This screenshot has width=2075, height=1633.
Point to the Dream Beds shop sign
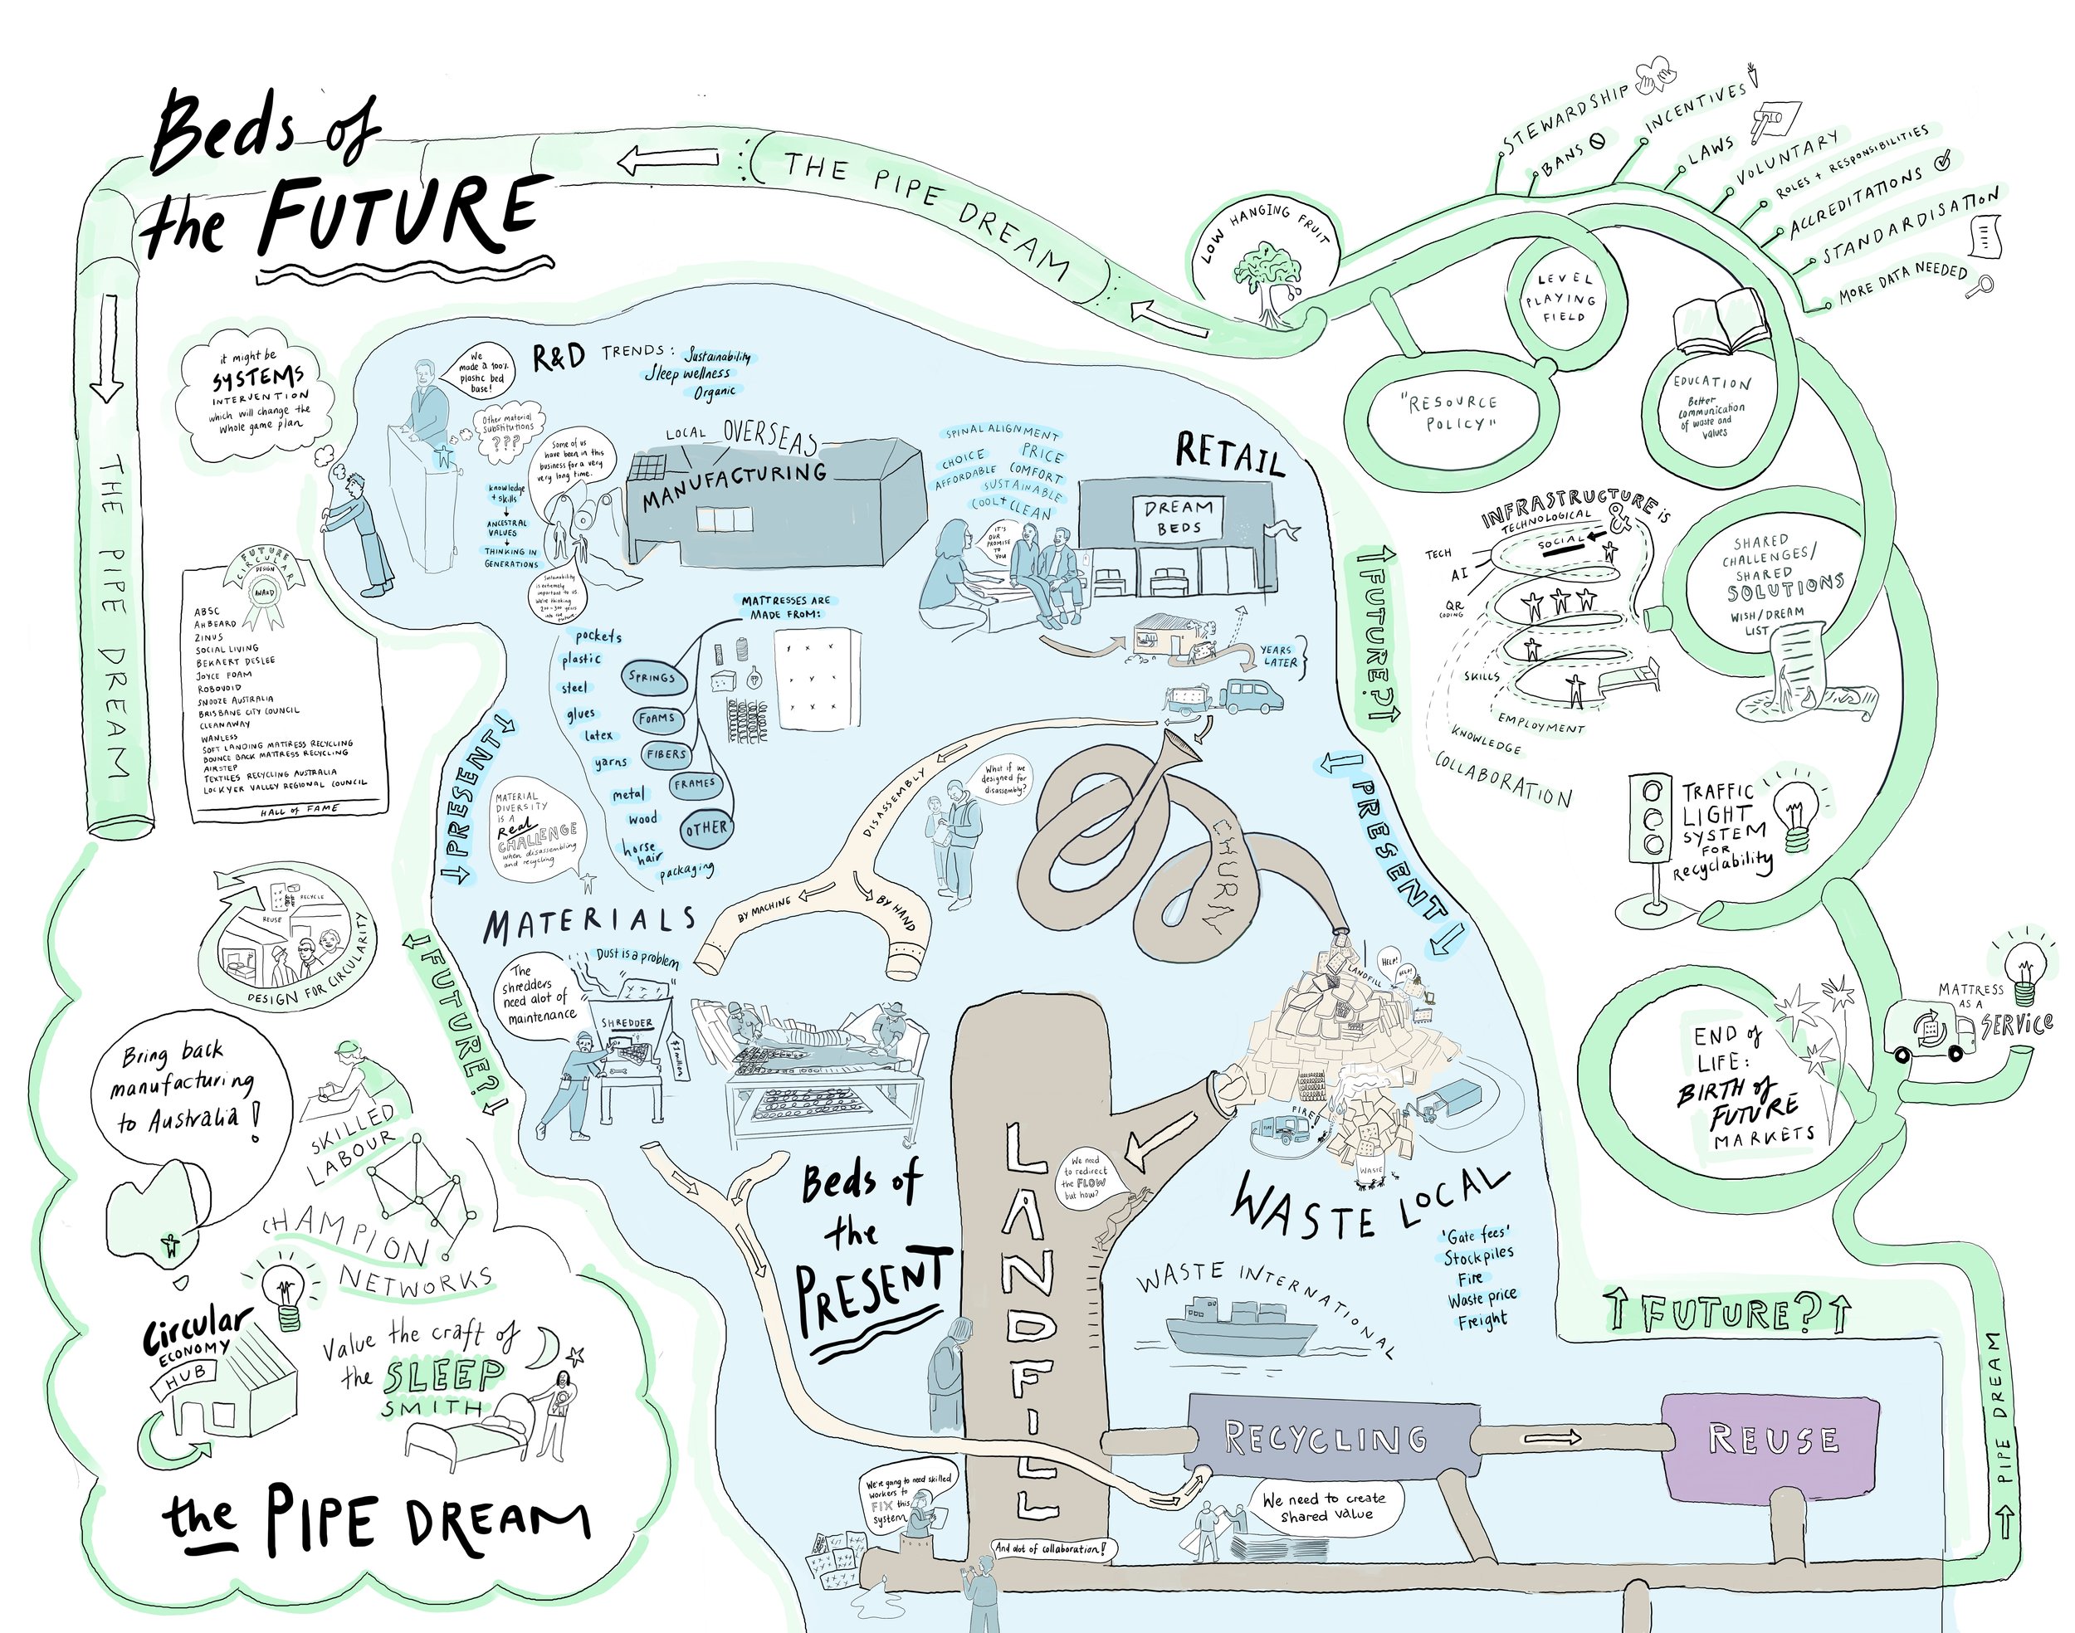[1178, 517]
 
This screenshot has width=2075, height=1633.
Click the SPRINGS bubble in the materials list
[652, 677]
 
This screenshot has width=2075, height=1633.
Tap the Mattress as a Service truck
[1930, 1031]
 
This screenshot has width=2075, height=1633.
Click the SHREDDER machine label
[627, 1023]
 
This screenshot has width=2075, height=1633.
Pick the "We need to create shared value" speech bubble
[1325, 1508]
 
